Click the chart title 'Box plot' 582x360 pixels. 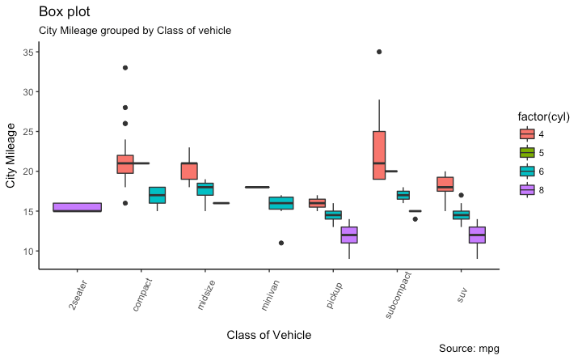[x=65, y=12]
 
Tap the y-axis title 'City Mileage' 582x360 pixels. [x=11, y=155]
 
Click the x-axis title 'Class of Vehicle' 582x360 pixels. [x=268, y=335]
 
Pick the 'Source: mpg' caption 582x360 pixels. [x=469, y=348]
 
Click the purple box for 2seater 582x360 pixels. [x=77, y=207]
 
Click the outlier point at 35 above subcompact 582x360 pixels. [x=379, y=52]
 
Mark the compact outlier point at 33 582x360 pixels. [x=125, y=68]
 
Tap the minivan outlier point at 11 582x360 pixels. [x=281, y=243]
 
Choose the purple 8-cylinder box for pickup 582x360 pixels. [x=349, y=235]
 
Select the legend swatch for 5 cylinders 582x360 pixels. [x=526, y=152]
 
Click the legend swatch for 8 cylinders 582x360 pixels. [x=526, y=189]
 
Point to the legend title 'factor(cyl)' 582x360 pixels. [x=545, y=116]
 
